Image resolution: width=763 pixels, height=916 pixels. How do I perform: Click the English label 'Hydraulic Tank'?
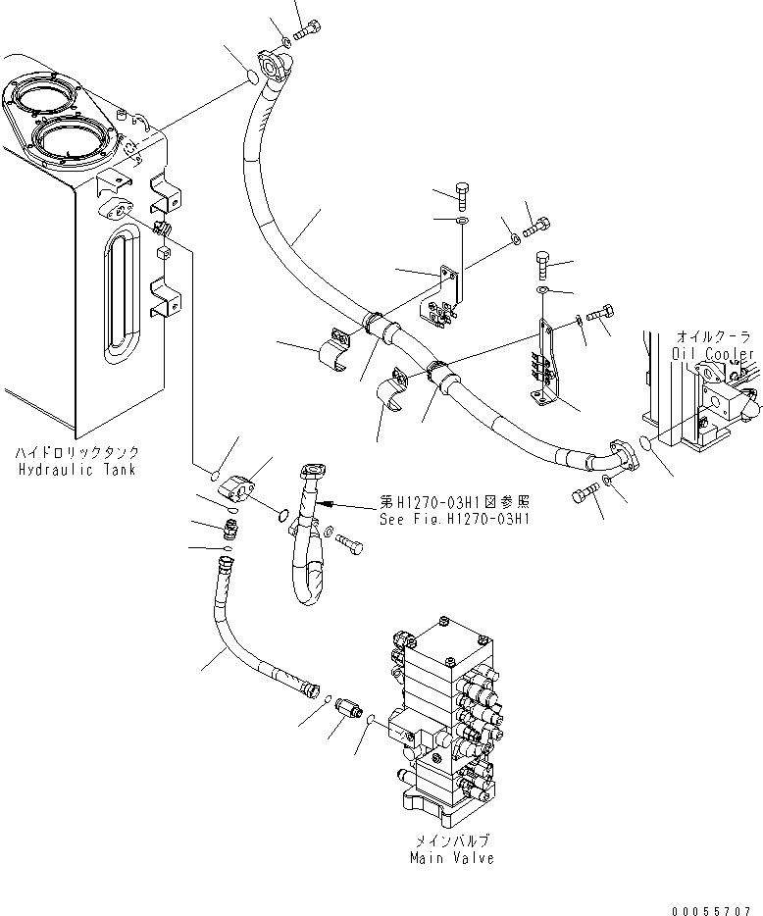pyautogui.click(x=76, y=470)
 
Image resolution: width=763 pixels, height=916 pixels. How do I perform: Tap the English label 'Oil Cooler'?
pyautogui.click(x=713, y=353)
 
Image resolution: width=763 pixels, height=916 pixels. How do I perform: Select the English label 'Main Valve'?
pyautogui.click(x=451, y=858)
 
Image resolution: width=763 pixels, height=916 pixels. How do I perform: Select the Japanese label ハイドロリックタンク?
pyautogui.click(x=76, y=453)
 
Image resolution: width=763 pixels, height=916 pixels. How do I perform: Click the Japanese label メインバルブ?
pyautogui.click(x=451, y=841)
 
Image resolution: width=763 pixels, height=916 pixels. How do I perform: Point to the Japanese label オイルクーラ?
pyautogui.click(x=713, y=336)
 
